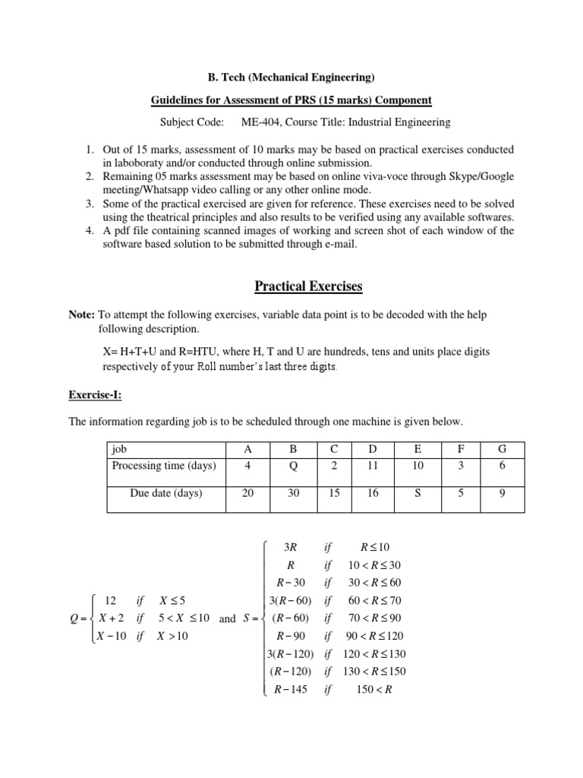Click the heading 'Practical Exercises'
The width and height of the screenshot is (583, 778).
[x=291, y=286]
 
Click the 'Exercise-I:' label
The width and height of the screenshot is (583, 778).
[x=93, y=395]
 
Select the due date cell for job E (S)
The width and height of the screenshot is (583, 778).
[x=417, y=493]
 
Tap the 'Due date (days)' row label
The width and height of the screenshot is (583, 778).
[x=165, y=493]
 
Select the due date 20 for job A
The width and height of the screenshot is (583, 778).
[x=247, y=493]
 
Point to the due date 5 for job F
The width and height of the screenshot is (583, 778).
[x=459, y=493]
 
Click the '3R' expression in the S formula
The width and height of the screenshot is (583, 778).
[x=289, y=546]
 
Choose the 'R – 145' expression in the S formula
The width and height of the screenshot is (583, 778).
[x=292, y=689]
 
